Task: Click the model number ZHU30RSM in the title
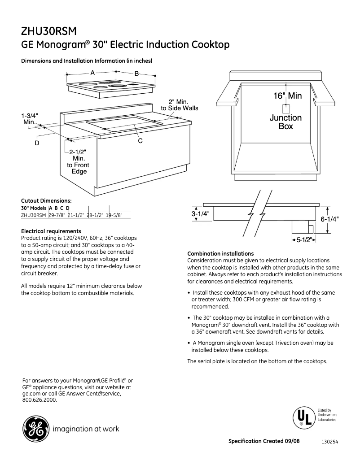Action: (49, 31)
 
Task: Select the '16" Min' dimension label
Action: (287, 96)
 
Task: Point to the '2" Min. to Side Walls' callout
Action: (180, 105)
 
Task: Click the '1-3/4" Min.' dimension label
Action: (30, 118)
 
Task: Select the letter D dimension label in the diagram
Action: (37, 143)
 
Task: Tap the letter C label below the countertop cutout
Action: (140, 141)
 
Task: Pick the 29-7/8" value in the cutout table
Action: (57, 215)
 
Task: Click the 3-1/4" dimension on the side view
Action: (201, 214)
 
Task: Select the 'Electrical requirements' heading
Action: (51, 231)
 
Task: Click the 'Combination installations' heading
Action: (220, 254)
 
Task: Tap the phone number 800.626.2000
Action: (40, 400)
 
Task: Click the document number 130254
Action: (329, 442)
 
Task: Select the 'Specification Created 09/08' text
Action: (264, 441)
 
